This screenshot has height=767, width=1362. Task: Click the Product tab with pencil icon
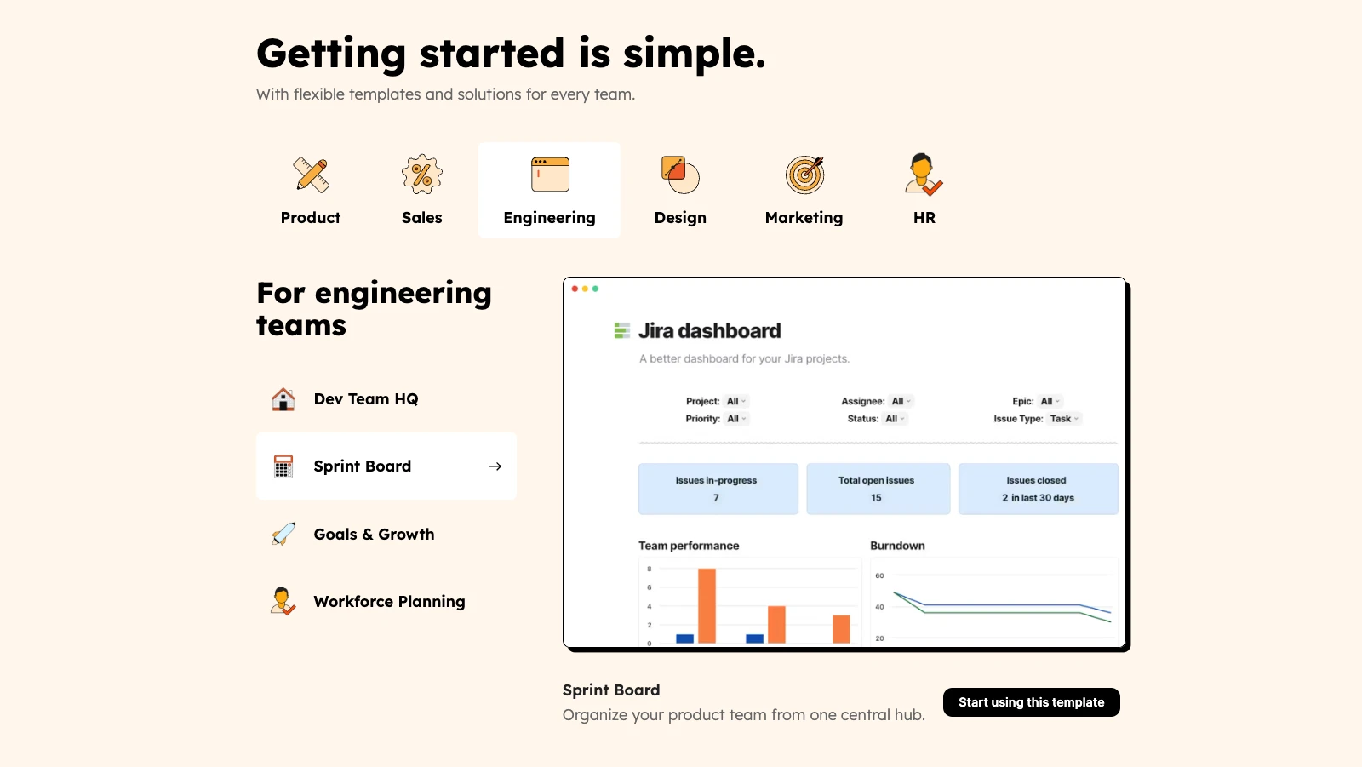310,191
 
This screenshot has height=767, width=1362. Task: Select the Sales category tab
422,191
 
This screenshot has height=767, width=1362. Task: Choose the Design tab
680,191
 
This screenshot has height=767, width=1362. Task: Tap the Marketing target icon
804,175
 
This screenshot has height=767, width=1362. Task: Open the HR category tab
924,191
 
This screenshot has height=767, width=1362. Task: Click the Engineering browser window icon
550,175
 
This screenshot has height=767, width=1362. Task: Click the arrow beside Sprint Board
495,466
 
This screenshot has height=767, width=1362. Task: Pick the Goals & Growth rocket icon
283,534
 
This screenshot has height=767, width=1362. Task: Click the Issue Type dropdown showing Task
1065,419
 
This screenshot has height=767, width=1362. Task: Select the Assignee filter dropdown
901,401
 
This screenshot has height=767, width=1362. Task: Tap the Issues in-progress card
718,489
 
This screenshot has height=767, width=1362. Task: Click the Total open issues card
878,489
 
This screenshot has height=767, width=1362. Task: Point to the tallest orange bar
707,606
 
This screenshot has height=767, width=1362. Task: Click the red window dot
575,289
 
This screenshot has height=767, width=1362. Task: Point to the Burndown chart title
897,546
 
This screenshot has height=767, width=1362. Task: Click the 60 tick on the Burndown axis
879,575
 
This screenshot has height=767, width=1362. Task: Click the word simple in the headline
694,54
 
